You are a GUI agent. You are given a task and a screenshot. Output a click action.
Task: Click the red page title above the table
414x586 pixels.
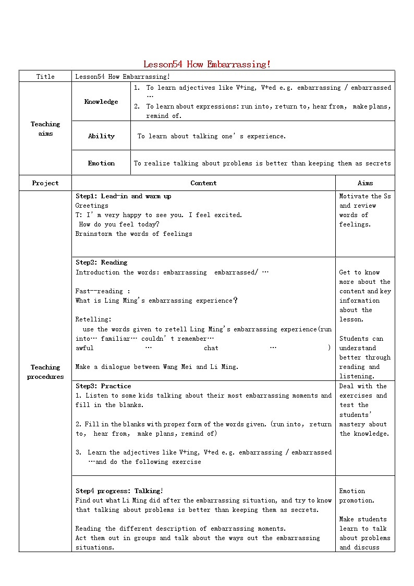pos(207,64)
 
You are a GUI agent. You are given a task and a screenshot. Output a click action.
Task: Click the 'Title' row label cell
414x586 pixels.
pos(45,77)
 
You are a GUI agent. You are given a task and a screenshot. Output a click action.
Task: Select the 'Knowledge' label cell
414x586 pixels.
pos(101,102)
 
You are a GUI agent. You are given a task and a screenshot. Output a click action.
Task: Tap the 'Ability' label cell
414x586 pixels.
pos(101,136)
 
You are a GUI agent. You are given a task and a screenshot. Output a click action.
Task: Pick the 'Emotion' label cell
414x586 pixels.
pos(101,163)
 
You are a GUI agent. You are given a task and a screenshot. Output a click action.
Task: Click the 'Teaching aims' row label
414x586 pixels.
pos(45,129)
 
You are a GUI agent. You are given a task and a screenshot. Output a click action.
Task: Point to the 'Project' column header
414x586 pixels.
pos(45,183)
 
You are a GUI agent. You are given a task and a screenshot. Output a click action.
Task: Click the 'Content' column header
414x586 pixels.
pos(203,183)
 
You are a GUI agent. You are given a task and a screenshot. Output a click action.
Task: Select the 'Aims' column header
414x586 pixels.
pos(365,183)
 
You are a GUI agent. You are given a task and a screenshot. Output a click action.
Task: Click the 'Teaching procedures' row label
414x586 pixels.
pos(45,372)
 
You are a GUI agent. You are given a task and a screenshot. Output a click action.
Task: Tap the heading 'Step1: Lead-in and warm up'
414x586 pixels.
pos(123,196)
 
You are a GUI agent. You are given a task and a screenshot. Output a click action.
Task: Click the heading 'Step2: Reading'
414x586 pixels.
pos(101,262)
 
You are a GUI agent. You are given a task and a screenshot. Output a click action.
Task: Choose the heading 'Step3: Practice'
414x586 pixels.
pos(103,386)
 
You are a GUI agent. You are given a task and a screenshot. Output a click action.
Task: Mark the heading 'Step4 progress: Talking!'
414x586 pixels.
pos(119,491)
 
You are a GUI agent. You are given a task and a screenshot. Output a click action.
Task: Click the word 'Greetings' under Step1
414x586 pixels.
pos(92,206)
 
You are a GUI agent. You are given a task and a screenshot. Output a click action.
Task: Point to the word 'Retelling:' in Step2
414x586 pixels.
pos(93,319)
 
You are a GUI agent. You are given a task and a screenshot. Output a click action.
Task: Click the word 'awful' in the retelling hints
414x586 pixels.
pos(84,348)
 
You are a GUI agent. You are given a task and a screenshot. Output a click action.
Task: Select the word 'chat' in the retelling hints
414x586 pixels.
pos(211,348)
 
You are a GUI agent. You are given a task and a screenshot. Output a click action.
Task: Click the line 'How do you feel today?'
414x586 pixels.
pos(119,224)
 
